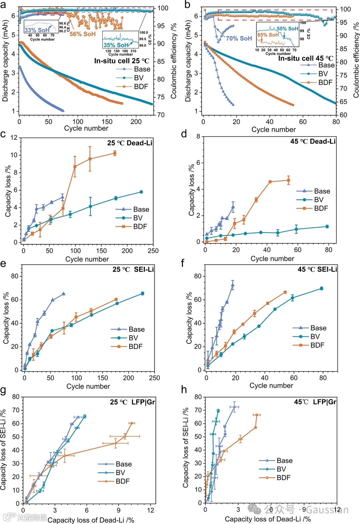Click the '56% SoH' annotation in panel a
[82, 34]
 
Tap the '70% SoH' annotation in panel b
[239, 38]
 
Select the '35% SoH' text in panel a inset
[116, 45]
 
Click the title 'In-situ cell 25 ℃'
[122, 61]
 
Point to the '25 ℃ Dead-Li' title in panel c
[130, 143]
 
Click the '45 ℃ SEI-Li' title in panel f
[317, 269]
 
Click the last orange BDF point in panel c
[115, 153]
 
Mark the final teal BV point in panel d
[327, 227]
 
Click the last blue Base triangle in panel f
[233, 285]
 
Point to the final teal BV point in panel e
[143, 293]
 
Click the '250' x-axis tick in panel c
[153, 251]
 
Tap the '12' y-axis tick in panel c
[14, 138]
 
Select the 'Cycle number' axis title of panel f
[271, 385]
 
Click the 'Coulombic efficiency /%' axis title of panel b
[356, 60]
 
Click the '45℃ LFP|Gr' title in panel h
[315, 402]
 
